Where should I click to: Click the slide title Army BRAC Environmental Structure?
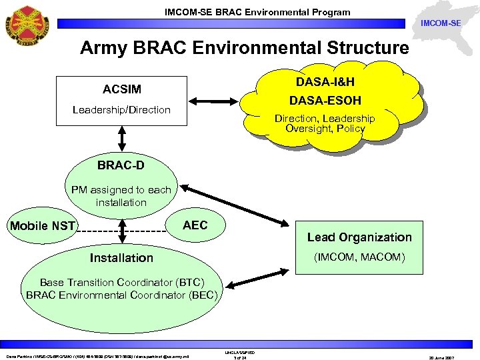244,48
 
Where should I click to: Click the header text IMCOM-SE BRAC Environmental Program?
257,12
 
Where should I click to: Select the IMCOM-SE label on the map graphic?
441,23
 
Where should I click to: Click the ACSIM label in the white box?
121,89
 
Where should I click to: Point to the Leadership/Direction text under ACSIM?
121,109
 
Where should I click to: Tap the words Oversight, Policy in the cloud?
325,128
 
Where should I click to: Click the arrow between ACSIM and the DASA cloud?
215,102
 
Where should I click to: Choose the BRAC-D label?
121,165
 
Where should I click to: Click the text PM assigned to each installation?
121,196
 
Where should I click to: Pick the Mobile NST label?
43,226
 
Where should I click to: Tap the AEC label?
195,225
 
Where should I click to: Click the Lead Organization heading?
359,237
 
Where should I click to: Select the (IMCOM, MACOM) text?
359,257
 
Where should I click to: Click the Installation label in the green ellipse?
121,258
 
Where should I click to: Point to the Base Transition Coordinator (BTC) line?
121,282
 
